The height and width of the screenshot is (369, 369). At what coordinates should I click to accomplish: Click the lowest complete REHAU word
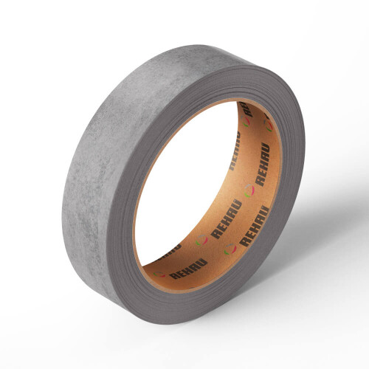click(x=189, y=269)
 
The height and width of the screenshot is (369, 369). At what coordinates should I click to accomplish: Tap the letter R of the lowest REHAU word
click(x=174, y=275)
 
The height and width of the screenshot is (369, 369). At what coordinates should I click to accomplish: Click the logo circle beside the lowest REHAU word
click(x=159, y=275)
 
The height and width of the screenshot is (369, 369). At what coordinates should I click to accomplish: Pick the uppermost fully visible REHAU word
click(x=263, y=164)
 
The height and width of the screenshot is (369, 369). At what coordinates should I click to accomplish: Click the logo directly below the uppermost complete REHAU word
click(x=249, y=190)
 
